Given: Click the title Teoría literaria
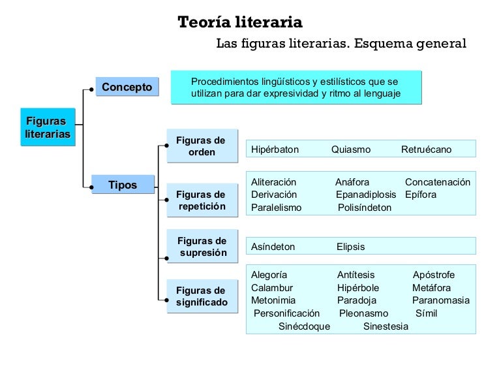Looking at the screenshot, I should click(x=240, y=23).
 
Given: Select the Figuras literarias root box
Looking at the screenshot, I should click(x=48, y=127).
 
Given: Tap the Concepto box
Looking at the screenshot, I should click(x=127, y=87).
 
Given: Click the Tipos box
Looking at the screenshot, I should click(x=123, y=185).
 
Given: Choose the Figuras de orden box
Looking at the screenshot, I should click(x=201, y=146).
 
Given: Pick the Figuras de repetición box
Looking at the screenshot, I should click(x=201, y=200).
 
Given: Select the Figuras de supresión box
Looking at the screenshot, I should click(x=202, y=247).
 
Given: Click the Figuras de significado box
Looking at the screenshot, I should click(x=202, y=296).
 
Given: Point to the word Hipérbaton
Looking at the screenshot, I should click(x=275, y=149).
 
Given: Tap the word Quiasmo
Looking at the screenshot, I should click(x=350, y=149).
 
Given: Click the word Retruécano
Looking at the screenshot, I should click(x=426, y=149).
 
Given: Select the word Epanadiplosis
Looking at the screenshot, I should click(x=366, y=195).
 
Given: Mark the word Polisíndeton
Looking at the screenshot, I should click(x=365, y=208).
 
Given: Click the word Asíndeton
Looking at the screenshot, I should click(x=273, y=247).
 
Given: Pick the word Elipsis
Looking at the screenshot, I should click(x=350, y=247).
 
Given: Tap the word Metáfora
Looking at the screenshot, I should click(x=431, y=287).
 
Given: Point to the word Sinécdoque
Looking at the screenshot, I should click(x=304, y=326).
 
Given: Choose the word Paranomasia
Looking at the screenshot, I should click(x=440, y=300).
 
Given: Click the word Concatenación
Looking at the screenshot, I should click(x=437, y=182).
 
